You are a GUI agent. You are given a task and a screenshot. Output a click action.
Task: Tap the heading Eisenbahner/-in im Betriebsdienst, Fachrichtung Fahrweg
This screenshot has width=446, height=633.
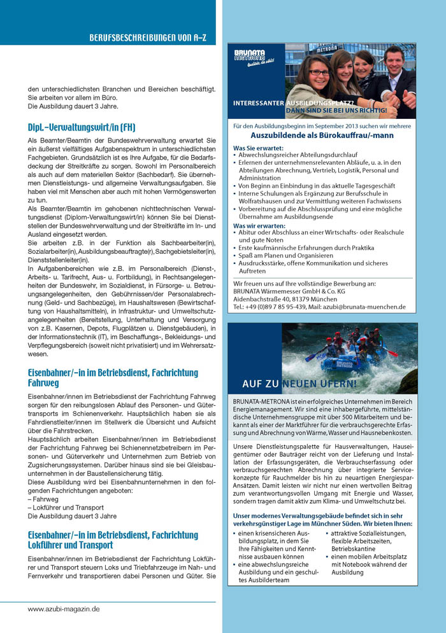[113, 379]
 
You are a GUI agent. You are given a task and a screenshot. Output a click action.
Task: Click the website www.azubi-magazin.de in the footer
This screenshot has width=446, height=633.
[64, 609]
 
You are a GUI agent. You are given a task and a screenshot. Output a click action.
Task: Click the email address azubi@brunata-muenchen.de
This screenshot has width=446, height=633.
[362, 307]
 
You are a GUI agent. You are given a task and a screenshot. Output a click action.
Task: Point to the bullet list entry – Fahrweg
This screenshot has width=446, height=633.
[43, 499]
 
